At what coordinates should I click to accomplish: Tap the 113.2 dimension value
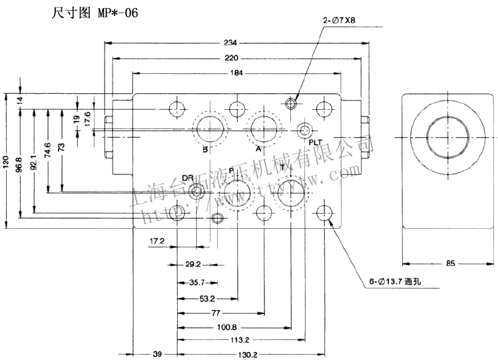pyautogui.click(x=239, y=340)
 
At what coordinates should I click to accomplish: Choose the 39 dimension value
pyautogui.click(x=157, y=355)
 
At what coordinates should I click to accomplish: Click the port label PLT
pyautogui.click(x=315, y=142)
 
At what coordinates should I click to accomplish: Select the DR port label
pyautogui.click(x=188, y=178)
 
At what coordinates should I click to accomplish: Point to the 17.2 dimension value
pyautogui.click(x=157, y=240)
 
